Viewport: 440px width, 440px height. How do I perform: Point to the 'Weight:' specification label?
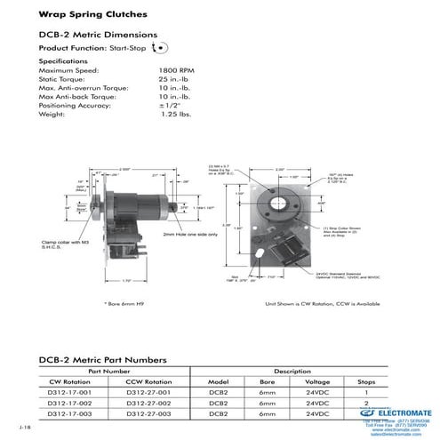(x=53, y=114)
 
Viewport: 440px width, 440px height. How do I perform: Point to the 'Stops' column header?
(x=367, y=380)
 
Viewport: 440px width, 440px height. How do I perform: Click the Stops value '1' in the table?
(x=367, y=390)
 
